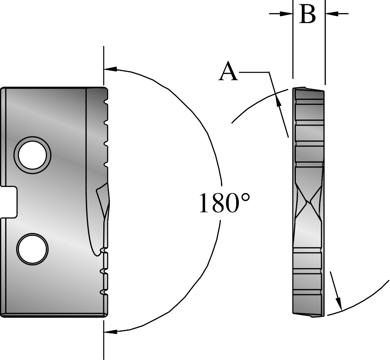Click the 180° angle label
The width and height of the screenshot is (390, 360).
[224, 204]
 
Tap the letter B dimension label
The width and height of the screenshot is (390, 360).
[308, 15]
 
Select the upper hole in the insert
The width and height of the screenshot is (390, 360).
[33, 154]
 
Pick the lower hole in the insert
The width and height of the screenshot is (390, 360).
[32, 248]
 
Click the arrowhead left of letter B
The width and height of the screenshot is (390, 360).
[287, 14]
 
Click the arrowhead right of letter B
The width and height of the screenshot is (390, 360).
[331, 14]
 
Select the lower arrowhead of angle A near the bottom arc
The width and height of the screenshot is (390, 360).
[339, 303]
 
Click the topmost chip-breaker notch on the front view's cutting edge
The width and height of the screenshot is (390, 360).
[105, 102]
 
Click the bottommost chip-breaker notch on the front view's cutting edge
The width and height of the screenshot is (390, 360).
[104, 292]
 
